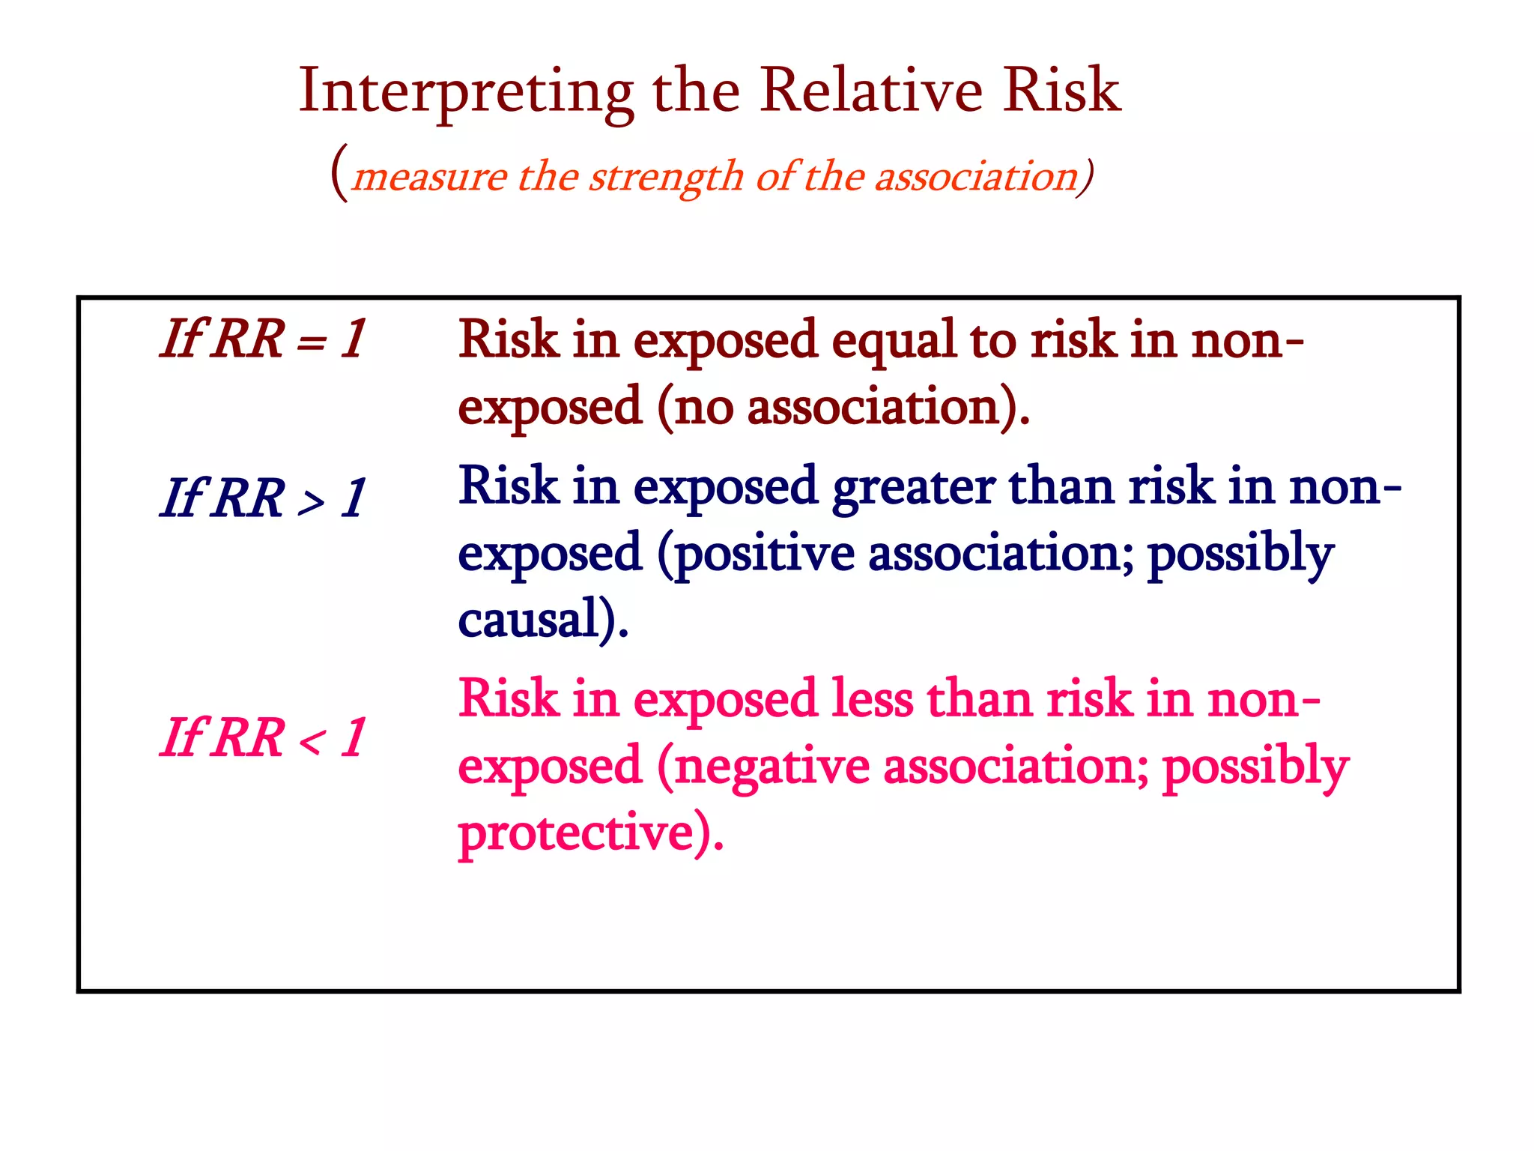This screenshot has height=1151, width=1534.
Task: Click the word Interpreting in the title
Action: click(x=466, y=92)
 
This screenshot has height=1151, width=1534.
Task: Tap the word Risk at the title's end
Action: click(x=1061, y=91)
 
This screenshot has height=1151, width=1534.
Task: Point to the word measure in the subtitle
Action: click(x=430, y=178)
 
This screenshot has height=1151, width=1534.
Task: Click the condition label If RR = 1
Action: click(x=263, y=339)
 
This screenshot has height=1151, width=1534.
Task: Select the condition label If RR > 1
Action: click(x=263, y=498)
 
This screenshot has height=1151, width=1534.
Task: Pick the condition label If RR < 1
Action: click(x=263, y=738)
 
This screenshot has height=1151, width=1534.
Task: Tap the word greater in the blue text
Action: click(x=913, y=488)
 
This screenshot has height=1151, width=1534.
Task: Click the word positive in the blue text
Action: click(x=764, y=555)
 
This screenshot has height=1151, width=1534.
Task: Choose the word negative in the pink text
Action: click(x=771, y=768)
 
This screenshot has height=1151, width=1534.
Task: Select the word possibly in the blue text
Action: click(x=1240, y=555)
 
